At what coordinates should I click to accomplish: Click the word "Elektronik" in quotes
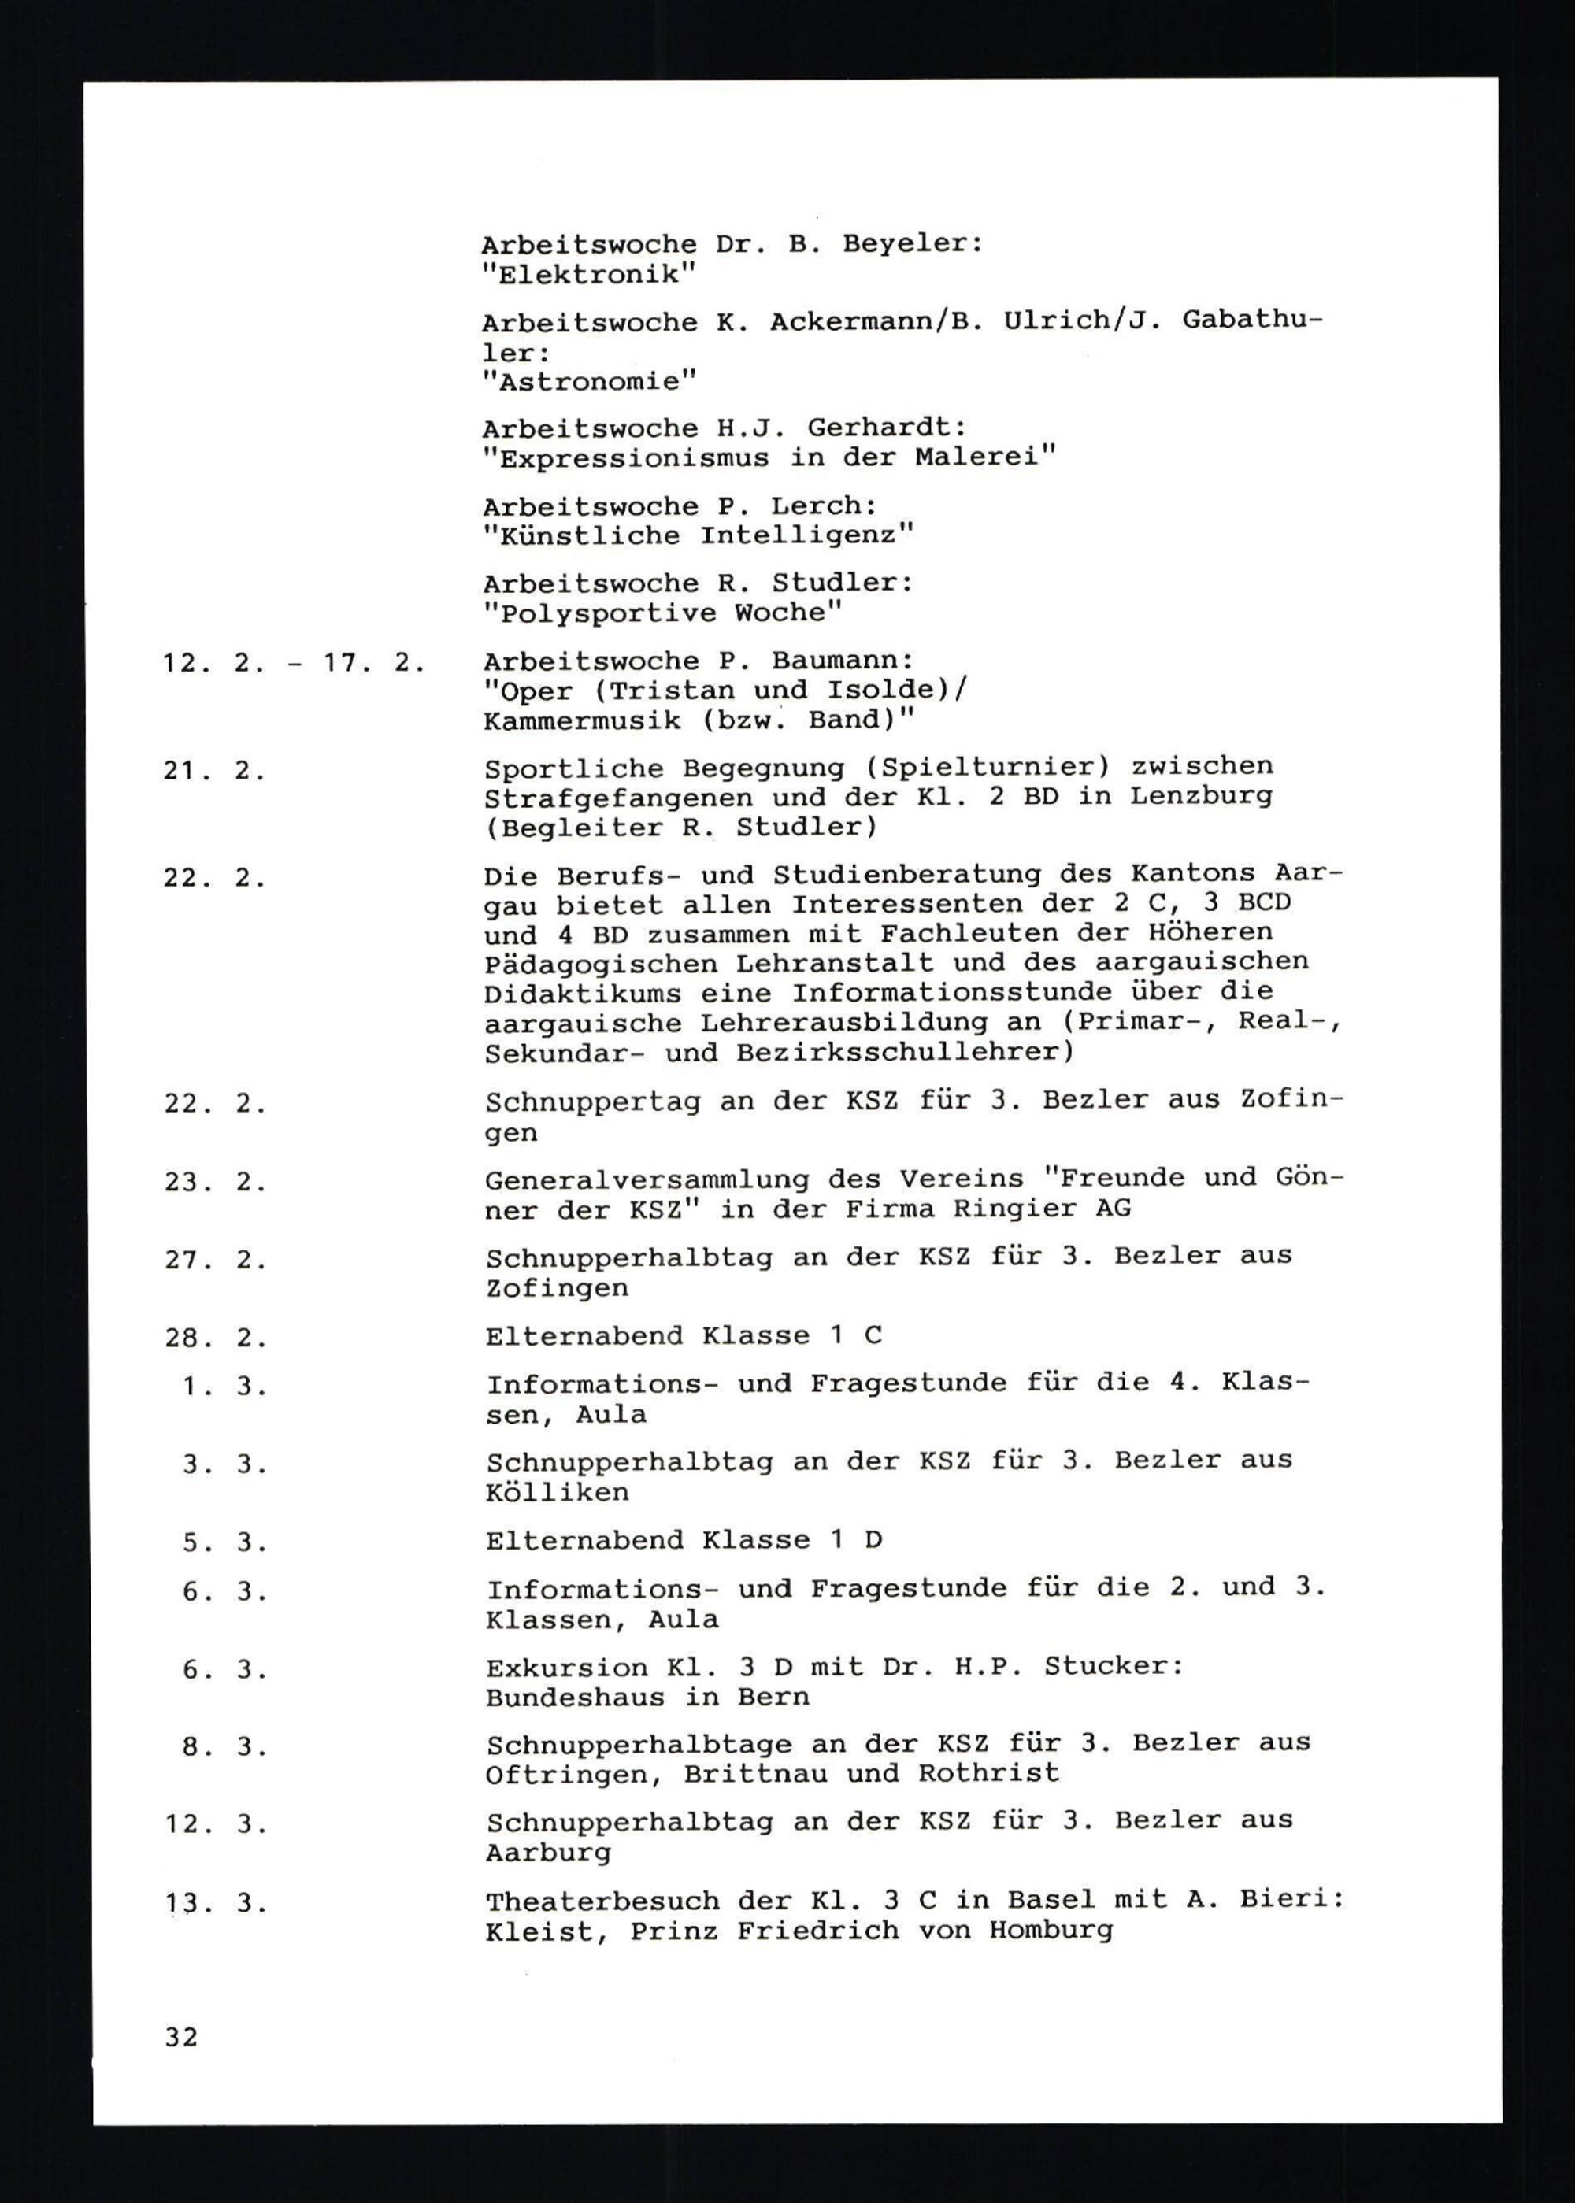tap(589, 275)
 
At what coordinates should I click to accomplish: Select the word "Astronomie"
tap(589, 381)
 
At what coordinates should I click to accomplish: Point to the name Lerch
tap(825, 505)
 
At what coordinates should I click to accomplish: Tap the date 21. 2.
tap(214, 772)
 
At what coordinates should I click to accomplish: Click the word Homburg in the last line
tap(1051, 1931)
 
